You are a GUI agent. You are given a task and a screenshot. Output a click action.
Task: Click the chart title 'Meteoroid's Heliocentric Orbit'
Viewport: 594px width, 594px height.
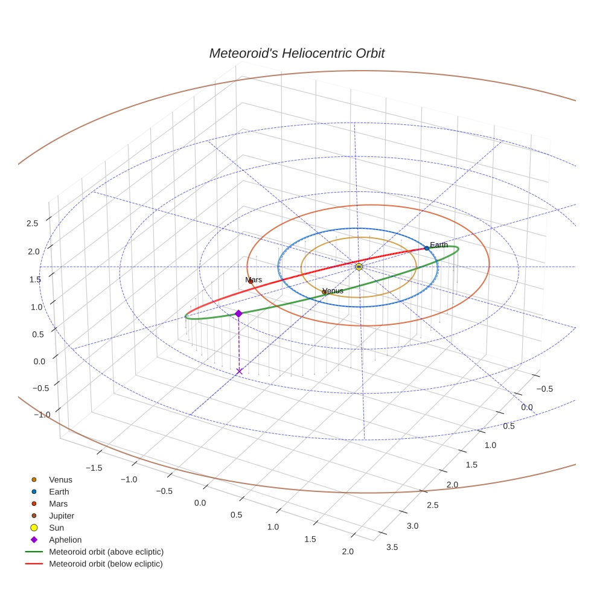click(x=296, y=54)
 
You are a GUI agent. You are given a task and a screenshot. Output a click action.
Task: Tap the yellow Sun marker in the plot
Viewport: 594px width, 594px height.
click(x=359, y=266)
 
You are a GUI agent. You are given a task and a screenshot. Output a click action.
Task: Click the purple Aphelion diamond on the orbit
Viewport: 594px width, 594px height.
click(x=238, y=313)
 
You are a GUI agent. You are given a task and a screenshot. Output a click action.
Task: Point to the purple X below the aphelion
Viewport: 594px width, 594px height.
click(x=239, y=371)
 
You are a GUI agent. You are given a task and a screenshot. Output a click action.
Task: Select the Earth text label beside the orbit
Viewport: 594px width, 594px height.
click(x=439, y=244)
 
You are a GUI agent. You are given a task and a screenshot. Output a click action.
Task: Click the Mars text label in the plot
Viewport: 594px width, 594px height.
click(x=254, y=279)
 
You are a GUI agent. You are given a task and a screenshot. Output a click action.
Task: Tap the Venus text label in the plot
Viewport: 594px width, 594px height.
click(x=333, y=290)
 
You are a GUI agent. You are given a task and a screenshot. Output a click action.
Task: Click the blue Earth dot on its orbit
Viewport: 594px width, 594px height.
click(x=426, y=248)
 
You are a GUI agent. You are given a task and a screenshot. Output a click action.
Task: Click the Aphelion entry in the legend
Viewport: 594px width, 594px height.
click(x=65, y=540)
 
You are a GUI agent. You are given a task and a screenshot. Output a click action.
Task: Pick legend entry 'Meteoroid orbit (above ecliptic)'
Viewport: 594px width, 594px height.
click(x=106, y=552)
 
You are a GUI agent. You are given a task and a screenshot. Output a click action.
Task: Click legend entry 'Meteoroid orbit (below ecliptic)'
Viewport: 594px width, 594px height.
click(x=106, y=564)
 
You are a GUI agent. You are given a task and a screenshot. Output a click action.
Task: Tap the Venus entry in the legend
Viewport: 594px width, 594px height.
click(x=60, y=480)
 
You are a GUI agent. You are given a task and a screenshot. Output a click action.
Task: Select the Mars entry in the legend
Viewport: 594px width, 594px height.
click(x=58, y=503)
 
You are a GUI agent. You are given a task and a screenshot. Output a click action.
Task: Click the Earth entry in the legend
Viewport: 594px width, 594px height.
click(x=59, y=491)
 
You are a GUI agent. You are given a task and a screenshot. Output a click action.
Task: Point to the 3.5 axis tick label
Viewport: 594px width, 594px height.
click(x=391, y=547)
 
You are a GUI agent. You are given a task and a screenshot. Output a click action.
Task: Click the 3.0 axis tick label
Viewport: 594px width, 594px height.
click(x=412, y=526)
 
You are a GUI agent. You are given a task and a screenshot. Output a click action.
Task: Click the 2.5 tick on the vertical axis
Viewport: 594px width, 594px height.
click(x=32, y=223)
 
